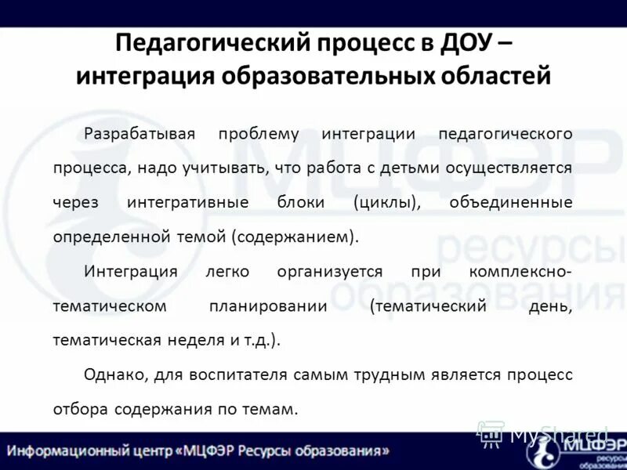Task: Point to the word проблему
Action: (x=259, y=133)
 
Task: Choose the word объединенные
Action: (x=511, y=202)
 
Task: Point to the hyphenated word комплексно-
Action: (x=520, y=271)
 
